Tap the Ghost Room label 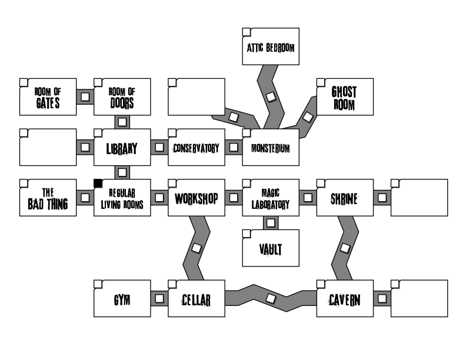344,97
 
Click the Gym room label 122,301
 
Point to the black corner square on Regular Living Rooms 98,183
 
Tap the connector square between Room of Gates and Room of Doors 85,96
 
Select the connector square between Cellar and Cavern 271,298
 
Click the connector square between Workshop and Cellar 197,248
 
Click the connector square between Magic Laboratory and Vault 271,222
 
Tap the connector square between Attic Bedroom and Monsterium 271,96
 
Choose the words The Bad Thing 48,198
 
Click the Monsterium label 271,148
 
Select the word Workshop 197,198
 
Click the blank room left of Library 48,147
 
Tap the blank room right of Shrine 420,198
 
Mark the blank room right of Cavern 420,298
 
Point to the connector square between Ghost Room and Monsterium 307,116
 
